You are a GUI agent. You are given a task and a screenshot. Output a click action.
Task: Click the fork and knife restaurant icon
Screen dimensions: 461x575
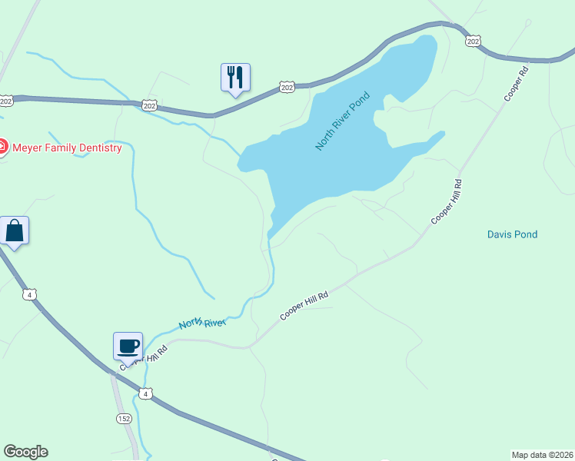tap(235, 78)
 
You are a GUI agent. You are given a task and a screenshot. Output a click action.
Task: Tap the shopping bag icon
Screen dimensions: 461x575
tap(14, 230)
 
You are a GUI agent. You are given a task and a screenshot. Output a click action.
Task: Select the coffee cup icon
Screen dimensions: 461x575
tap(127, 346)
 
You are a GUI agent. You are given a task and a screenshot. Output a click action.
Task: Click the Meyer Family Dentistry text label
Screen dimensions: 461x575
tap(68, 148)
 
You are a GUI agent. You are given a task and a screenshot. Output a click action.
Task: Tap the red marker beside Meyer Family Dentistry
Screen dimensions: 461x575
tap(2, 147)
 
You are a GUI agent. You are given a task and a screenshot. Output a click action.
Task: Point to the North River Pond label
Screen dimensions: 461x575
tap(343, 121)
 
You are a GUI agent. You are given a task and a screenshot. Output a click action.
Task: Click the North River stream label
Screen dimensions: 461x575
tap(202, 324)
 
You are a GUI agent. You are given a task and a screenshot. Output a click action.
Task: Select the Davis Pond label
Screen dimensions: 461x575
tap(512, 234)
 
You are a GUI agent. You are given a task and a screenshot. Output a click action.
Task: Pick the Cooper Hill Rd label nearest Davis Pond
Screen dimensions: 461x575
tap(447, 201)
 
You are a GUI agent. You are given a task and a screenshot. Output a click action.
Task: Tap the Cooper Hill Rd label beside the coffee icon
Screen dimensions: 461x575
tap(143, 358)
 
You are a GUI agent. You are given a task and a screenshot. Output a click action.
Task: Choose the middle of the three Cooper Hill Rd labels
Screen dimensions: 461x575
tap(304, 305)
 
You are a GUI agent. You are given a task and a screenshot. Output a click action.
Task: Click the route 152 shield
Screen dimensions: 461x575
tap(125, 418)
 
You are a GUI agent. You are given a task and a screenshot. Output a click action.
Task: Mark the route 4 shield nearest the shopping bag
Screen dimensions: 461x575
tap(29, 294)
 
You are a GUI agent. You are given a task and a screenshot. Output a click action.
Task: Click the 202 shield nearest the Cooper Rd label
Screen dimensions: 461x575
tap(474, 41)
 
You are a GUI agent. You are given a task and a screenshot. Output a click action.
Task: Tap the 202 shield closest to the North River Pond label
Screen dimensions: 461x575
tap(287, 88)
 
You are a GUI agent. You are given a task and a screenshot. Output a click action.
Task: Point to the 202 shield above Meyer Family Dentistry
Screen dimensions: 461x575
tap(7, 101)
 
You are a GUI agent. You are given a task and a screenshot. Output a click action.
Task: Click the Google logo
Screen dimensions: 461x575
tap(25, 452)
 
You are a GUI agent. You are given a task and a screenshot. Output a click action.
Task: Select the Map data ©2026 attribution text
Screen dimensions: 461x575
tap(542, 455)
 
